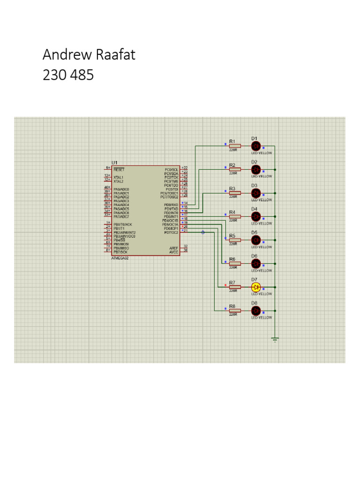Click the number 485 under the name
pos(82,75)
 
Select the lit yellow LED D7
pos(255,287)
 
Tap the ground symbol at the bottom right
pos(275,339)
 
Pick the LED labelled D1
pos(255,146)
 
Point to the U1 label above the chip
pos(115,162)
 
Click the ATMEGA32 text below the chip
pos(120,258)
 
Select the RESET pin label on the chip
pos(119,169)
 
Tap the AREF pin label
pos(173,247)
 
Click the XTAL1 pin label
pos(119,178)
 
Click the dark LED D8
pos(255,310)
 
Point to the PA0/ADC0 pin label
pos(121,189)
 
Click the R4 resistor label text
pos(232,212)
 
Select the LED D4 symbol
pos(255,216)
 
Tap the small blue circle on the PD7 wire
pos(202,232)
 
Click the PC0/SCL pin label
pos(171,169)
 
